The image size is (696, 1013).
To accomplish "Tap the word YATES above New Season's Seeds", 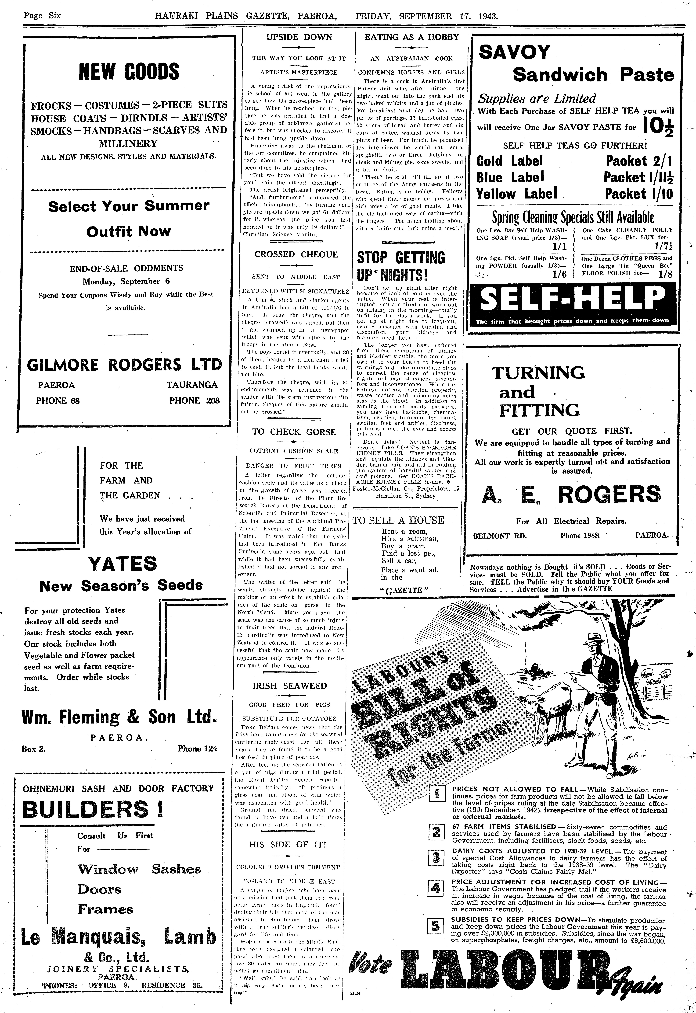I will tap(123, 564).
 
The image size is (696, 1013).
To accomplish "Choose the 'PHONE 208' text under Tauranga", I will tap(194, 401).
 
